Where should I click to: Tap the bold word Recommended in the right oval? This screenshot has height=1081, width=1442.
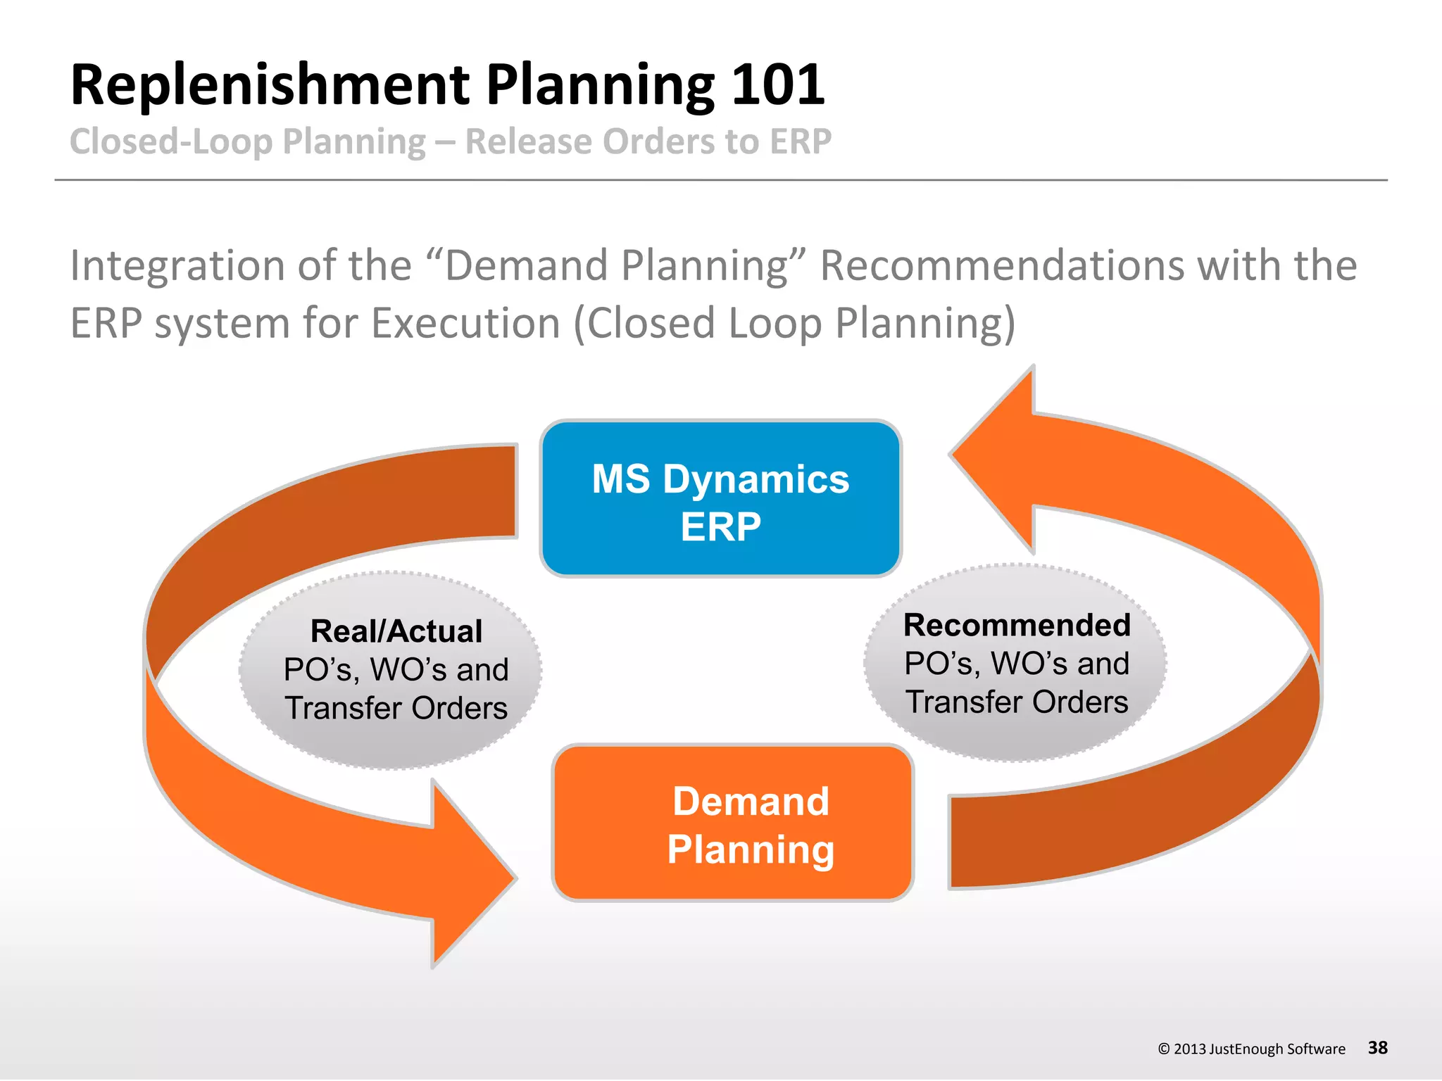[x=1017, y=625]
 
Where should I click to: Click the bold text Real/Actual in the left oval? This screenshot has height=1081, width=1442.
[x=396, y=631]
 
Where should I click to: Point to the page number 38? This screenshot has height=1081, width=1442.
[x=1377, y=1047]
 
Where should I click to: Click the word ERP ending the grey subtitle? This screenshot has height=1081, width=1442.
[x=801, y=141]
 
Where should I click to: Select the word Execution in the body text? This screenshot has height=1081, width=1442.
[x=465, y=324]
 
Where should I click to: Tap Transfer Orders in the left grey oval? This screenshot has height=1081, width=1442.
[x=396, y=708]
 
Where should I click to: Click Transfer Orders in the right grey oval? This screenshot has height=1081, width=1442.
[x=1017, y=702]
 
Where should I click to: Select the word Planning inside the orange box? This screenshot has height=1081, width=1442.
[x=751, y=849]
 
